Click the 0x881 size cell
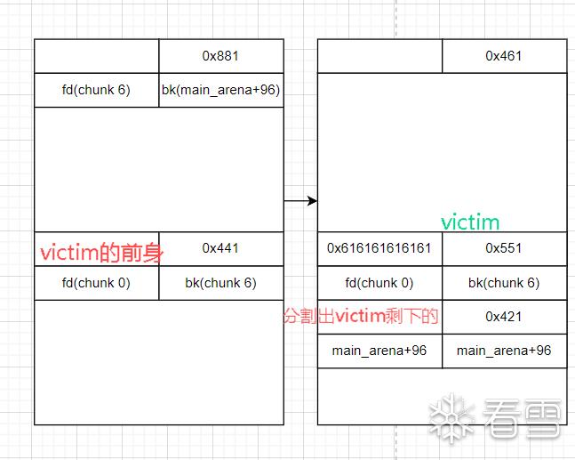point(220,56)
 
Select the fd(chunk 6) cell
point(97,90)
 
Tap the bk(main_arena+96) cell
point(221,90)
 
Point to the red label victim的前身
point(102,253)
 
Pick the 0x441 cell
point(220,248)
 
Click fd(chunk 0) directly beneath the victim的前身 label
point(97,283)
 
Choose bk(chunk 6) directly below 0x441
point(220,283)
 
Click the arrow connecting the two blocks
point(300,201)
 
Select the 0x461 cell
point(504,56)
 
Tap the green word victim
point(470,222)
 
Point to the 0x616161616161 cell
point(379,248)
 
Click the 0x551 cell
point(504,248)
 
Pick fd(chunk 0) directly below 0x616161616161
point(379,283)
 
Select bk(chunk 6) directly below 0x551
point(504,283)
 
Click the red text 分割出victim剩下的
point(361,316)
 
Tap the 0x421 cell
point(504,316)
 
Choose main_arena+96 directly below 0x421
point(504,351)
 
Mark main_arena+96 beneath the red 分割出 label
point(379,351)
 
